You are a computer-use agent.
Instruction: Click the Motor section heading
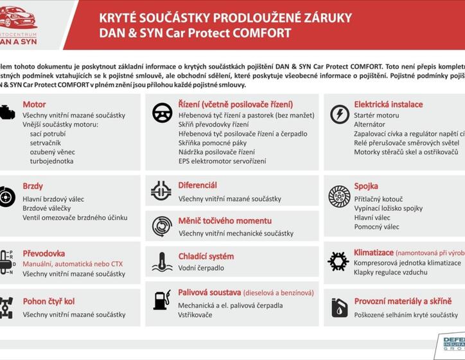[34, 104]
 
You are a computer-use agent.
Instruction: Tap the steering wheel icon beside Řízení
[162, 113]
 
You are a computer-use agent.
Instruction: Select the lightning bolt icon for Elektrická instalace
[339, 114]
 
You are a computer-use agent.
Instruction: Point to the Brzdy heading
[33, 186]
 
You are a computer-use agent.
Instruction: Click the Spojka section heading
[366, 186]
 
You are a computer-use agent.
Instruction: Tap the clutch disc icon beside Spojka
[339, 195]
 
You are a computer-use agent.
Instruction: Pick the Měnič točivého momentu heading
[225, 221]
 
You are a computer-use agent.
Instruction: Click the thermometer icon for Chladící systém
[162, 261]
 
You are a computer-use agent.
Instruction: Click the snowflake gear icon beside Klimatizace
[338, 261]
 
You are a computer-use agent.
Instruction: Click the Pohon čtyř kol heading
[48, 301]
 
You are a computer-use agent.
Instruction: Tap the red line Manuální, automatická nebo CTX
[72, 264]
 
